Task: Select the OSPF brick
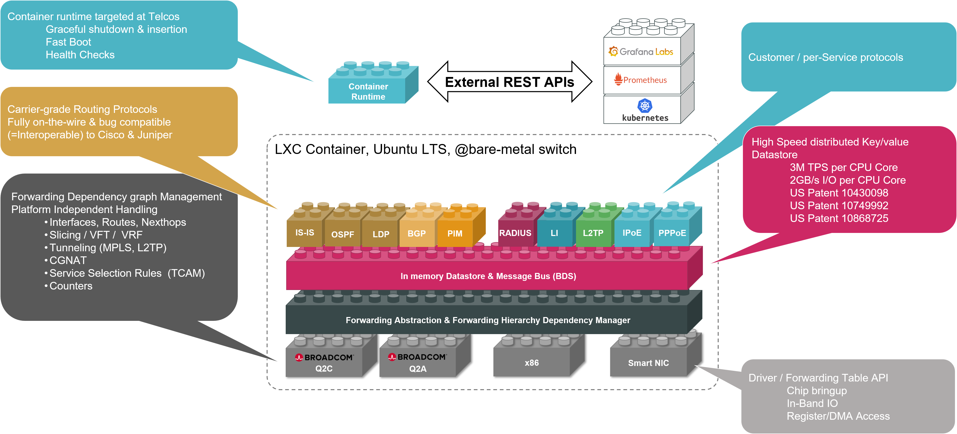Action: [342, 234]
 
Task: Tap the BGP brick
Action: [416, 233]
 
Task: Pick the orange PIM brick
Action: [455, 233]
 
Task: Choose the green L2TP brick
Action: [593, 233]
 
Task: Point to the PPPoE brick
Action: [672, 233]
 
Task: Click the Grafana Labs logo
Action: [641, 52]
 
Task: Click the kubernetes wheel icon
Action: [645, 106]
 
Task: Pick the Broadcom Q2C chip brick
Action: [324, 362]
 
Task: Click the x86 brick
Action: [532, 362]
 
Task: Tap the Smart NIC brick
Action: [648, 363]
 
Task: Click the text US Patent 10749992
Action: [839, 205]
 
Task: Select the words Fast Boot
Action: [68, 42]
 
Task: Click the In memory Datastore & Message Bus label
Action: [488, 276]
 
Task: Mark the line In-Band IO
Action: [812, 403]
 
